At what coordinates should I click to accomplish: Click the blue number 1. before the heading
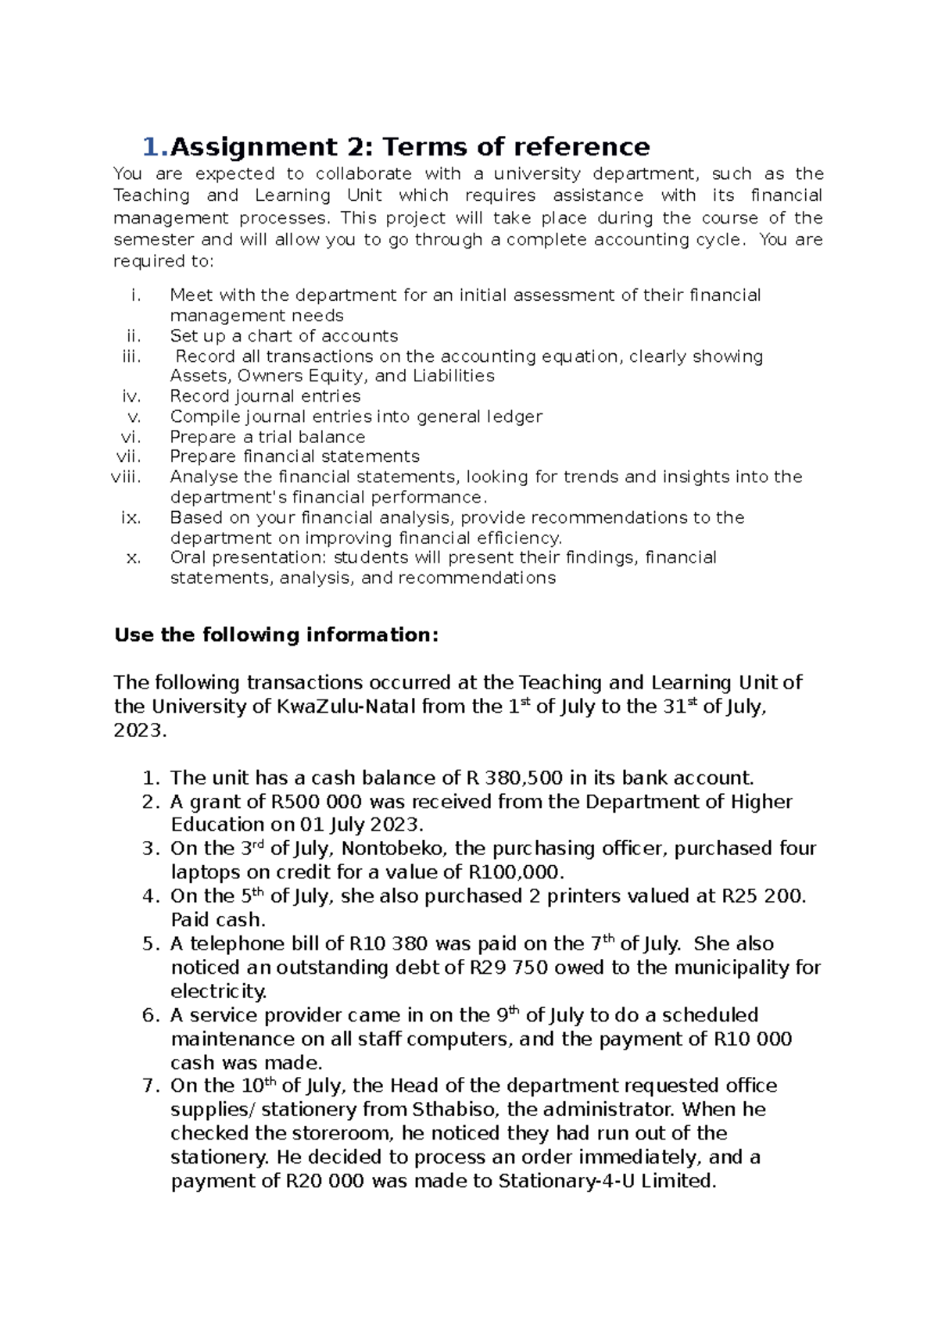point(155,147)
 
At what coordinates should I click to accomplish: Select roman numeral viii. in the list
point(127,477)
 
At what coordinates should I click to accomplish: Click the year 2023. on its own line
point(141,731)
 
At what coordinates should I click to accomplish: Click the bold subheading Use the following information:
point(277,635)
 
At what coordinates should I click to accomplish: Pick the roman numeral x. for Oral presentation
point(133,558)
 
